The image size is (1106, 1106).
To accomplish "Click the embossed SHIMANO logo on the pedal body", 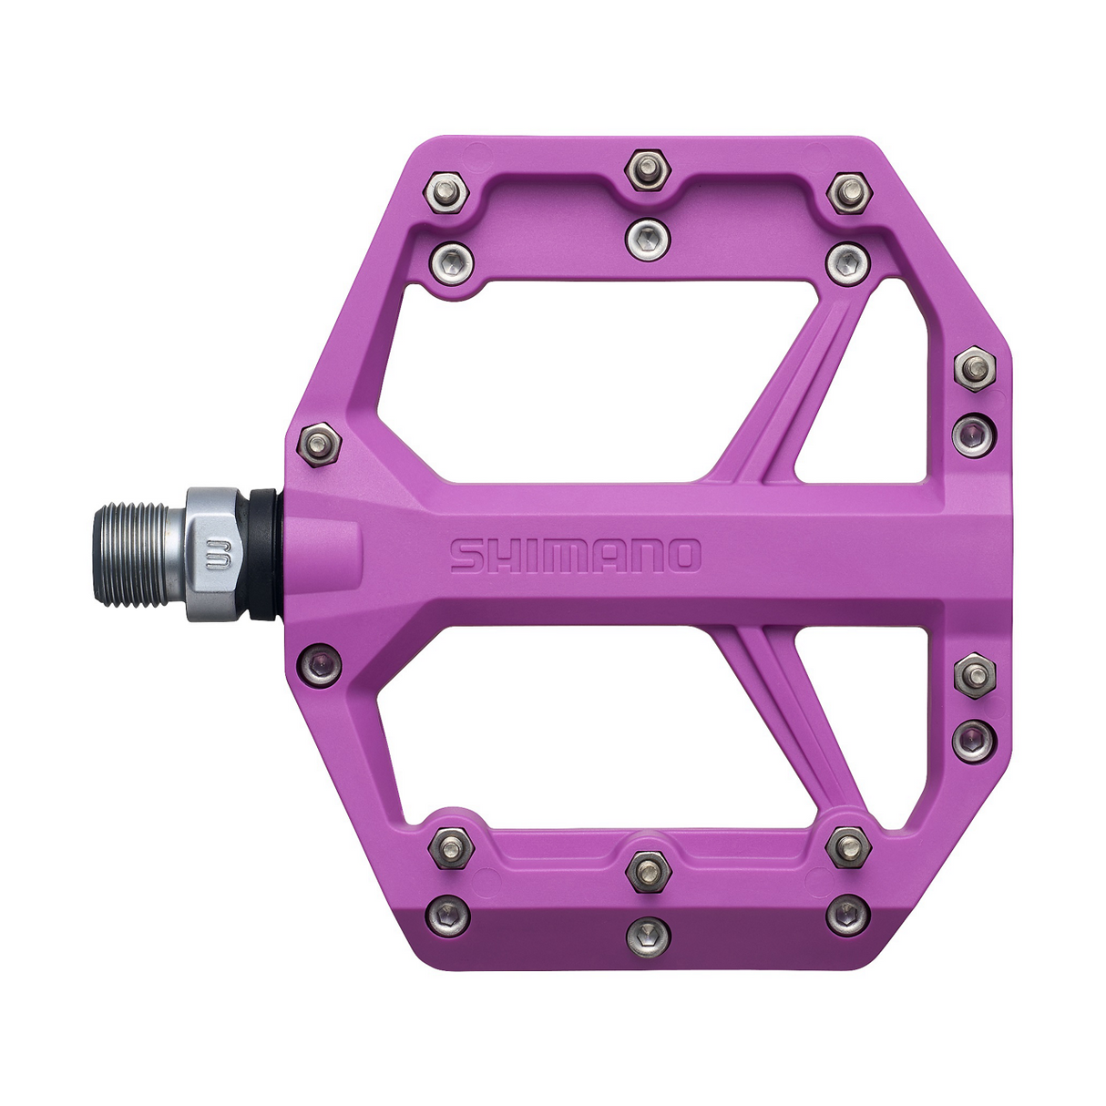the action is click(576, 556).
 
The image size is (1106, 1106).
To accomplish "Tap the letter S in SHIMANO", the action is click(467, 556).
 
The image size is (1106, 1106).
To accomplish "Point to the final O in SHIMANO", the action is click(683, 556).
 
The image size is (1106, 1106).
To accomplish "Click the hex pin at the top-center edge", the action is click(648, 169).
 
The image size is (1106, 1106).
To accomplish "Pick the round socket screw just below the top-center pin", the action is click(648, 240).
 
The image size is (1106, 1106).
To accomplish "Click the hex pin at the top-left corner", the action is click(446, 192).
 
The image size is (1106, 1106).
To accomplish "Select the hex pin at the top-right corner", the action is click(849, 192).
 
